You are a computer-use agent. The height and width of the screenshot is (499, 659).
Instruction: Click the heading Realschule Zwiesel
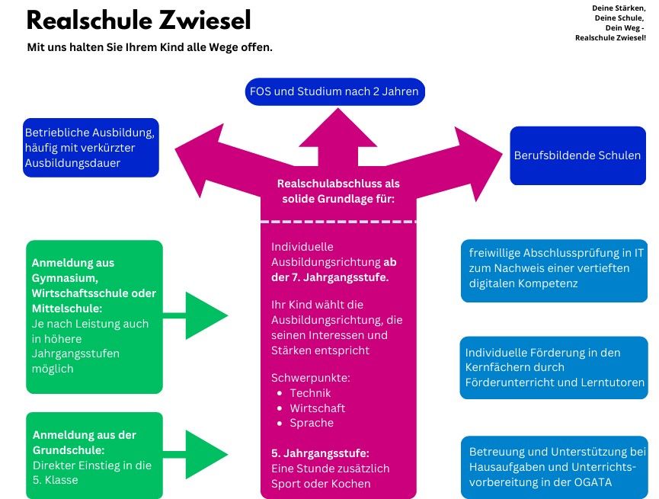(138, 21)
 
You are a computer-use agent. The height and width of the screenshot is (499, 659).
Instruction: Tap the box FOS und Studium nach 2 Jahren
(334, 92)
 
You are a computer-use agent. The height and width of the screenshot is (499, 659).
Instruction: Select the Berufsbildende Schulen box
(577, 155)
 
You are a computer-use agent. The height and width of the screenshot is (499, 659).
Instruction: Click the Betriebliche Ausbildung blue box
(91, 147)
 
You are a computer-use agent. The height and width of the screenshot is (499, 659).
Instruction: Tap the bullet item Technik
(310, 393)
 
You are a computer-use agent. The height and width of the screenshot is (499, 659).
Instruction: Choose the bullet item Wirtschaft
(317, 408)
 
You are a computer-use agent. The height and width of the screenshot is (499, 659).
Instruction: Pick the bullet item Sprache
(312, 423)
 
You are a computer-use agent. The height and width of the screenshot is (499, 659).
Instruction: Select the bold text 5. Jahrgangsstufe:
(320, 453)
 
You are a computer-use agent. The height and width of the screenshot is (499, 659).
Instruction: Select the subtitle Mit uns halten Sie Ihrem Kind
(150, 47)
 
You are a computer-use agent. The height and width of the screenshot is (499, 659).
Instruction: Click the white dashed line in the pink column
(338, 222)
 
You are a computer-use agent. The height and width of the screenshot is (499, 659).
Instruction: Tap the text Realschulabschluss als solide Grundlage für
(338, 191)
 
